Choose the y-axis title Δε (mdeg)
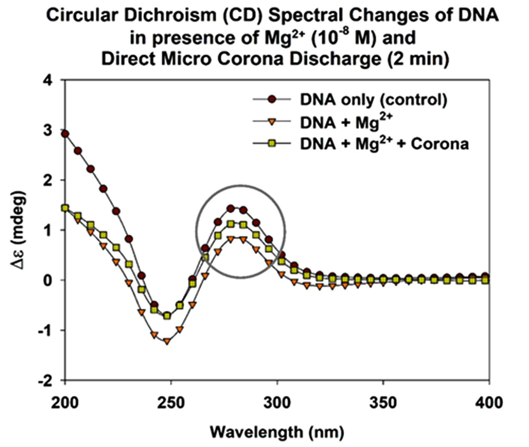click(x=19, y=230)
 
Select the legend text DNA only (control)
click(x=374, y=100)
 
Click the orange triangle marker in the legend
click(x=272, y=122)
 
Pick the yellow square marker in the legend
click(x=272, y=143)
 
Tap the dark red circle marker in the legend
click(x=272, y=100)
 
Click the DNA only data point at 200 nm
click(x=65, y=134)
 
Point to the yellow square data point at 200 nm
click(x=65, y=208)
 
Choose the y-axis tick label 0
click(x=55, y=280)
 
